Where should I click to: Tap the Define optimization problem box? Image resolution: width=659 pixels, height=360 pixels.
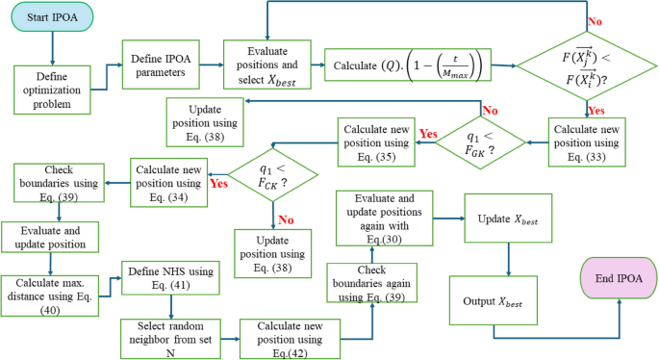(x=53, y=90)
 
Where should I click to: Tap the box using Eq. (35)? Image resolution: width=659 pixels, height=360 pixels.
(x=377, y=144)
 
